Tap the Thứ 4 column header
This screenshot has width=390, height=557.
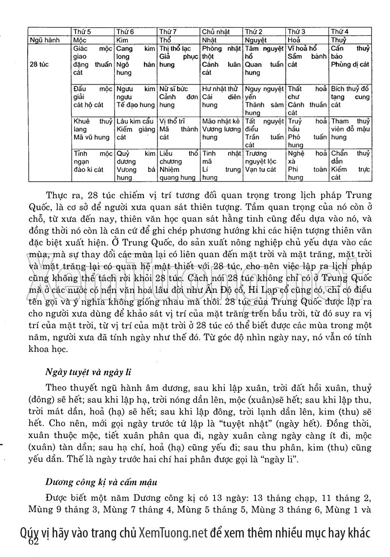(x=340, y=32)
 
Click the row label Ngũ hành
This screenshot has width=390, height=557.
(x=44, y=40)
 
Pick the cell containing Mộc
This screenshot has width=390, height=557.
(x=79, y=40)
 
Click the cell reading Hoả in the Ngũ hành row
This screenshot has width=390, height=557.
(x=294, y=40)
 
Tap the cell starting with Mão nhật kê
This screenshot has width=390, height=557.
(x=221, y=129)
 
